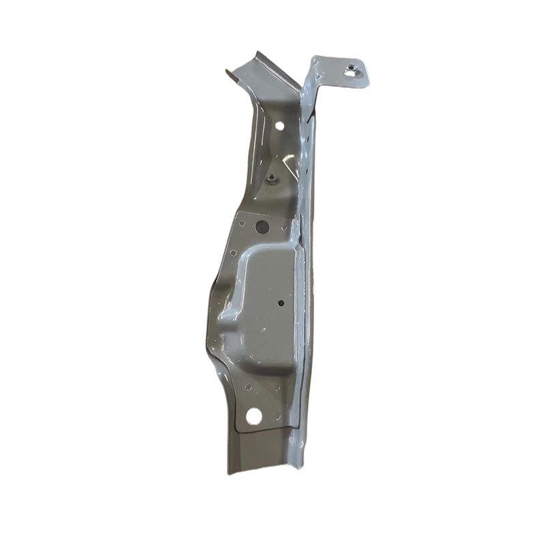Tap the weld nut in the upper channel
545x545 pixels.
click(x=271, y=179)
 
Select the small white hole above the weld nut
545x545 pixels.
click(x=279, y=126)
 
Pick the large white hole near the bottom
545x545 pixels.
click(x=254, y=414)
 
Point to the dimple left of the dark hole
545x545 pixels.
click(x=242, y=222)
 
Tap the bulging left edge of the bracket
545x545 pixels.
click(x=210, y=327)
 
